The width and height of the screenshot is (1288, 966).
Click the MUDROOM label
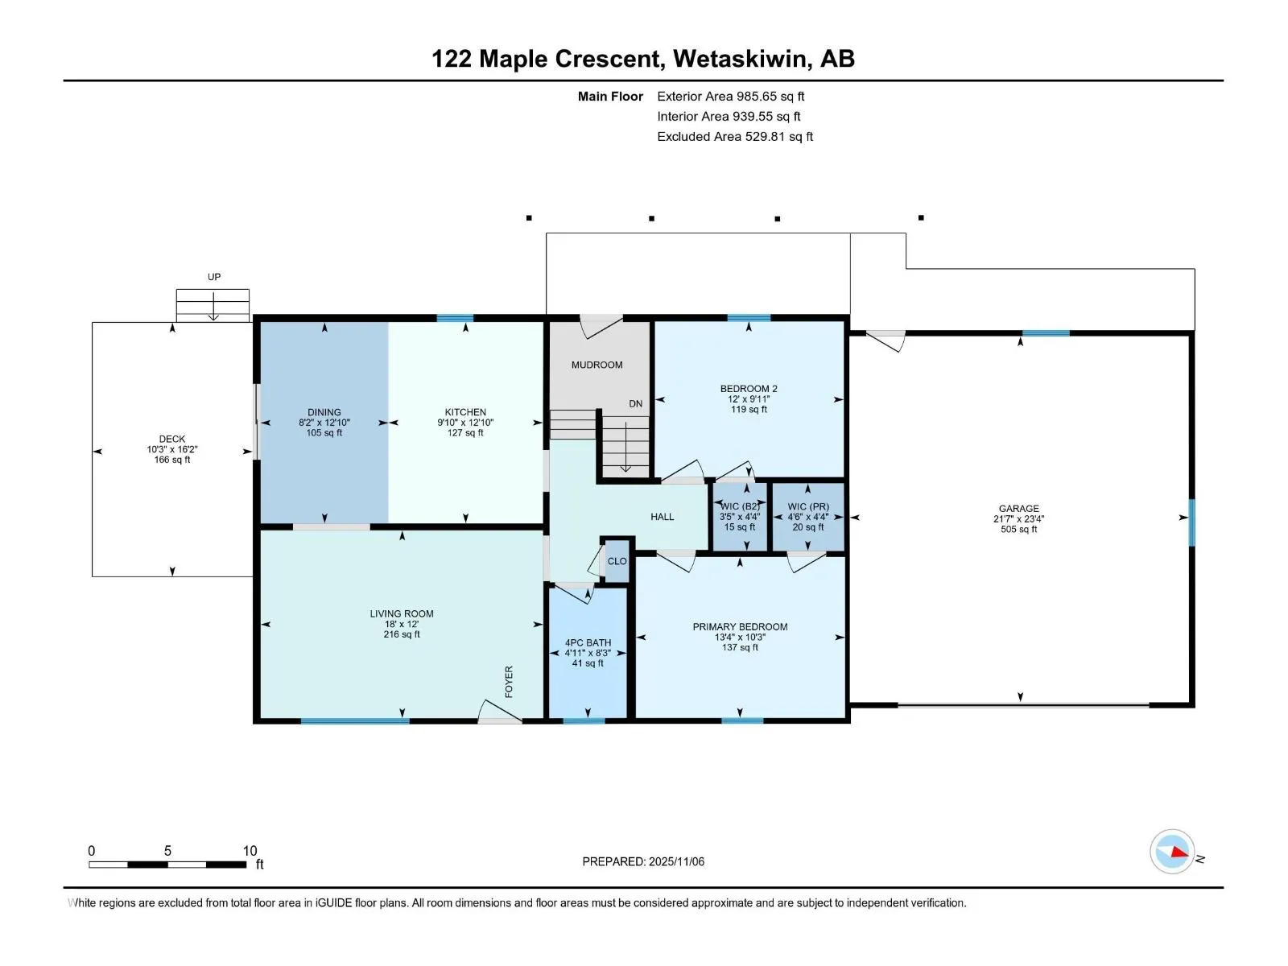tap(597, 365)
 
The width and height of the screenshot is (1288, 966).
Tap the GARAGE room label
tap(1018, 508)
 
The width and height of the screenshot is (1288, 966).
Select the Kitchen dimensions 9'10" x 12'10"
tap(465, 422)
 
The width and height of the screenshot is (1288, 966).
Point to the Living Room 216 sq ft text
tap(402, 634)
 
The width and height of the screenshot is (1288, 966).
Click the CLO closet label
tap(617, 561)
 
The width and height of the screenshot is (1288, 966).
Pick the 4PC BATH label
tap(588, 642)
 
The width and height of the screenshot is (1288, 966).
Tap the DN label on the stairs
tap(636, 403)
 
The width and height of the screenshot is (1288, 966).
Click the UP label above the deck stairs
tap(214, 277)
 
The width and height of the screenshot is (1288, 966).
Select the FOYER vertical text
tap(509, 681)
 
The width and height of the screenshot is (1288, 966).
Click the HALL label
tap(663, 517)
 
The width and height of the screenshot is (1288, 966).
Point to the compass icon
tap(1172, 852)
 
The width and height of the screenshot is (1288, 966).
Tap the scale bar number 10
tap(250, 851)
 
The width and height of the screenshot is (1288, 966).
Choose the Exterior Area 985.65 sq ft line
tap(730, 97)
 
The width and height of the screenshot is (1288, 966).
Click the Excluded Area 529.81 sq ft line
tap(734, 137)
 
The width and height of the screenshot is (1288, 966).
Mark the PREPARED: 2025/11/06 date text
tap(643, 861)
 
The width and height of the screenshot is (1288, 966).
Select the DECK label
tap(172, 439)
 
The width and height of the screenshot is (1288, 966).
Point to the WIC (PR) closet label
tap(808, 507)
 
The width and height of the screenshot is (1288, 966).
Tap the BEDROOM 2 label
tap(749, 388)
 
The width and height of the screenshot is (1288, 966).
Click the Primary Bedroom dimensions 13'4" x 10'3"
tap(740, 637)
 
